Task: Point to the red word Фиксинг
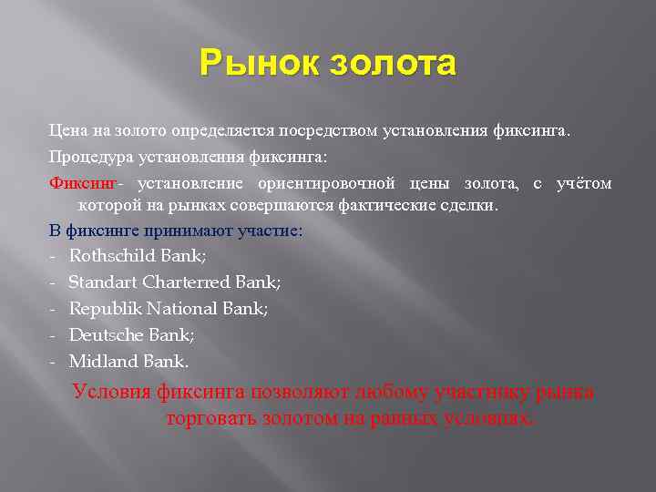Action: point(77,184)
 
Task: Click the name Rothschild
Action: point(110,257)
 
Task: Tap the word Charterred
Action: point(182,283)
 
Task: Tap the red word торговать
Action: point(210,419)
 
